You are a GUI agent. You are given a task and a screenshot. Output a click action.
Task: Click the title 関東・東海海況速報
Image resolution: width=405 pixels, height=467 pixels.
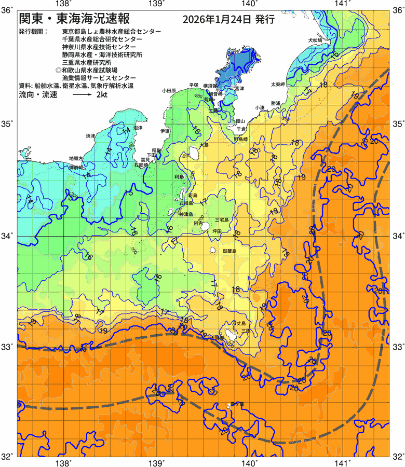coord(76,20)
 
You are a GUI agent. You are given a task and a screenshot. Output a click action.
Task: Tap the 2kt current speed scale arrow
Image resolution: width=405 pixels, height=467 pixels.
coord(83,95)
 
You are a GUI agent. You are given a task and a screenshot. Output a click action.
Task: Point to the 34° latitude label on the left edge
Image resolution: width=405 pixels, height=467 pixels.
coord(9,236)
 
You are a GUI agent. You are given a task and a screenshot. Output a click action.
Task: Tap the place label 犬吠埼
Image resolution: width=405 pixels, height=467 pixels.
coord(315,39)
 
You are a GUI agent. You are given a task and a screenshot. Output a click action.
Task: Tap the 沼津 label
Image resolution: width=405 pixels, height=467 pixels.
coord(138,127)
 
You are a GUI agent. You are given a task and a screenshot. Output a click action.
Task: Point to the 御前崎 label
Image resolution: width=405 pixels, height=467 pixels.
coord(76,168)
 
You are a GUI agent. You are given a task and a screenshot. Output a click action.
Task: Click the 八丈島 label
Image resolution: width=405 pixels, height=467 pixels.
coord(239,323)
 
